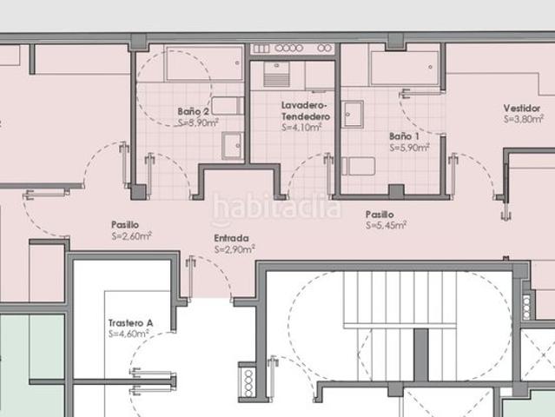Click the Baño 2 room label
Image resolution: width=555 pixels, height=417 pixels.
tap(194, 111)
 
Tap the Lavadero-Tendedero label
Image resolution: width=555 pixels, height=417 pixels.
tap(306, 111)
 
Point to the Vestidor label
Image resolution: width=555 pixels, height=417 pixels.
tap(522, 108)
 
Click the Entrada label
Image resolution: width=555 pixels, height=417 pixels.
tap(232, 238)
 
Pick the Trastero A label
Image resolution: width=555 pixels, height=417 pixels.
tap(130, 323)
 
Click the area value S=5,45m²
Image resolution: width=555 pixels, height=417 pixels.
tap(386, 225)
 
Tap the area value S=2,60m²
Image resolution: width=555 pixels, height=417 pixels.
tap(132, 235)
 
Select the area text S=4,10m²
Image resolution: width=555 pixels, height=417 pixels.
tap(301, 127)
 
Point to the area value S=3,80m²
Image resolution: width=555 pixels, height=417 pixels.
tap(524, 119)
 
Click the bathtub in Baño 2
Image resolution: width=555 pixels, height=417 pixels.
tap(204, 64)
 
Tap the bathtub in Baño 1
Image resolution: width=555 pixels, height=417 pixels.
tap(404, 68)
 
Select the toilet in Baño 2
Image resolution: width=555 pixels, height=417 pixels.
tap(228, 105)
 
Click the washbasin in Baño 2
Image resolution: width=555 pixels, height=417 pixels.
tap(233, 145)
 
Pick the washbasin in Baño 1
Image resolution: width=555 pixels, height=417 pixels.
tap(352, 114)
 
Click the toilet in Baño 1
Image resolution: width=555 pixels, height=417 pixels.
tap(358, 166)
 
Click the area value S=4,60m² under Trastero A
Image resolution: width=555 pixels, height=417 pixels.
tap(129, 334)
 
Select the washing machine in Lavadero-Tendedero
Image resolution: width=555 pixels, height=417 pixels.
tap(276, 75)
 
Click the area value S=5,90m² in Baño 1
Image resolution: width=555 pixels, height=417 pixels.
tap(410, 148)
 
